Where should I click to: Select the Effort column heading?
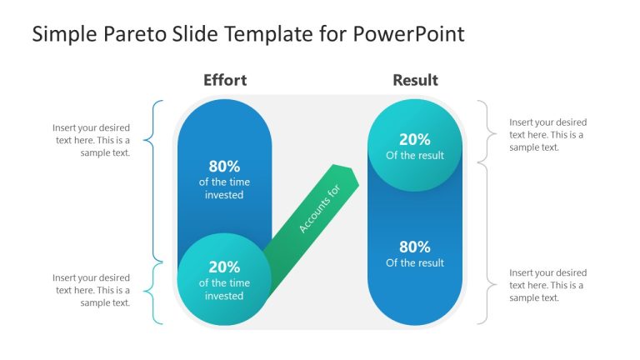pyautogui.click(x=225, y=80)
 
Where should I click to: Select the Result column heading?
pyautogui.click(x=415, y=80)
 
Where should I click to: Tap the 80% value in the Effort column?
pyautogui.click(x=224, y=166)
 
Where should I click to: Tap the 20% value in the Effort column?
pyautogui.click(x=224, y=267)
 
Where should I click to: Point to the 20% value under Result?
pyautogui.click(x=415, y=140)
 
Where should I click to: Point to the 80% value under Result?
pyautogui.click(x=415, y=247)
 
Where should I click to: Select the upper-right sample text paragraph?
pyautogui.click(x=547, y=134)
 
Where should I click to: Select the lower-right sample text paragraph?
pyautogui.click(x=547, y=285)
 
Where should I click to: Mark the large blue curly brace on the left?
pyautogui.click(x=156, y=179)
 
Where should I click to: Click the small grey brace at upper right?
pyautogui.click(x=483, y=131)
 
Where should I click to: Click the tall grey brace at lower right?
pyautogui.click(x=483, y=242)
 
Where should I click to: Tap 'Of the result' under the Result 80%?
pyautogui.click(x=415, y=263)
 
